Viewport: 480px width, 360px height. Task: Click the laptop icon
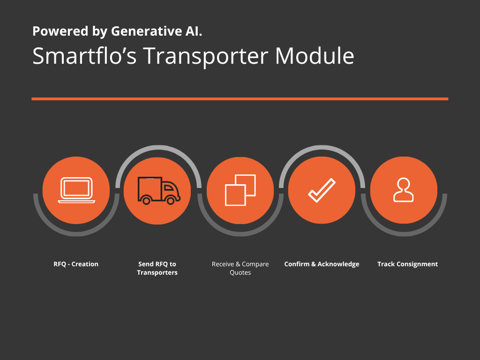point(76,190)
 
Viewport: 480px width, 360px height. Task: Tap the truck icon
point(159,190)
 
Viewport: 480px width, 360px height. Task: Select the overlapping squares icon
point(240,190)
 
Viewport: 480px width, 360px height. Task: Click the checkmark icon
point(322,190)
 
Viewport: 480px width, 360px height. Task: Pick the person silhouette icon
point(404,190)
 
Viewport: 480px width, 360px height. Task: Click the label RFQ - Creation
point(76,264)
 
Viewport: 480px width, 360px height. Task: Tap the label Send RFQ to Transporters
point(157,268)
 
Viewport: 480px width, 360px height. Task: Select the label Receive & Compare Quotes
point(240,268)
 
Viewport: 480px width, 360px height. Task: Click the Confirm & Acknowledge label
point(322,264)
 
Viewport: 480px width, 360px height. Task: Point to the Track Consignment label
point(407,264)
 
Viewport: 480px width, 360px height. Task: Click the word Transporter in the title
point(206,57)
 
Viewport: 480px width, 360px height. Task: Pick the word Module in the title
point(315,56)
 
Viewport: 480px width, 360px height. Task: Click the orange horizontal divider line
point(240,99)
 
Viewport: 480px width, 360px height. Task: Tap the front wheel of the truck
point(171,201)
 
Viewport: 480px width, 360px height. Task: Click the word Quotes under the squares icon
point(240,273)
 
